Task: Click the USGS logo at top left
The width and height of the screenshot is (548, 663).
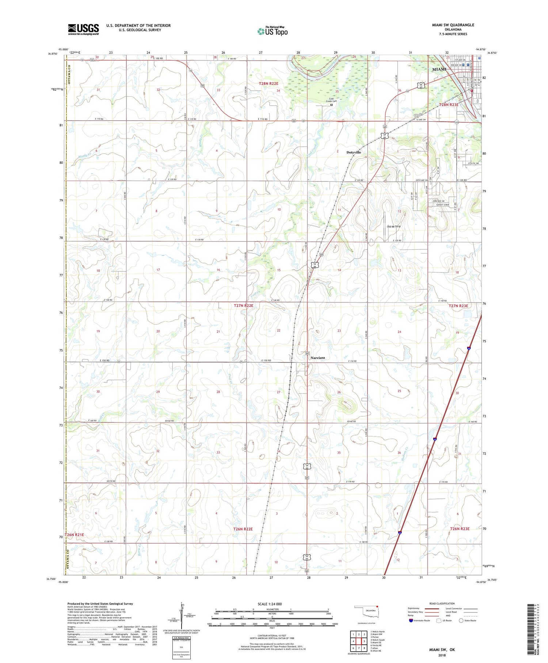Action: pyautogui.click(x=83, y=29)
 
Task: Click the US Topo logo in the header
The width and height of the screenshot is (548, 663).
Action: pyautogui.click(x=273, y=31)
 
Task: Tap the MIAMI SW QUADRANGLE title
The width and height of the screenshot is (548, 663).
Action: pyautogui.click(x=452, y=25)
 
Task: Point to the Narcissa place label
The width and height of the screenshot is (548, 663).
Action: pyautogui.click(x=317, y=358)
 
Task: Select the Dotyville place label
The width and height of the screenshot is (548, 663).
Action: pyautogui.click(x=353, y=152)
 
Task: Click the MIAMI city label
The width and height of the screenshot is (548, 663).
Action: pyautogui.click(x=439, y=69)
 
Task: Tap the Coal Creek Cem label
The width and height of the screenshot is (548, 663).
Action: pyautogui.click(x=332, y=100)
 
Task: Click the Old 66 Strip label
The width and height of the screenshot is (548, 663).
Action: pyautogui.click(x=393, y=226)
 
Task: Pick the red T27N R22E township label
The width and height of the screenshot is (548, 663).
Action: pyautogui.click(x=243, y=305)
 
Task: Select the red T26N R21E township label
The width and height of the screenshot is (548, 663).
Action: pyautogui.click(x=75, y=535)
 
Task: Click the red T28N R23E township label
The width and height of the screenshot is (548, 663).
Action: pyautogui.click(x=448, y=105)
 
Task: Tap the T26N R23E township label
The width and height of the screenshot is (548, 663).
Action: pyautogui.click(x=460, y=529)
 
